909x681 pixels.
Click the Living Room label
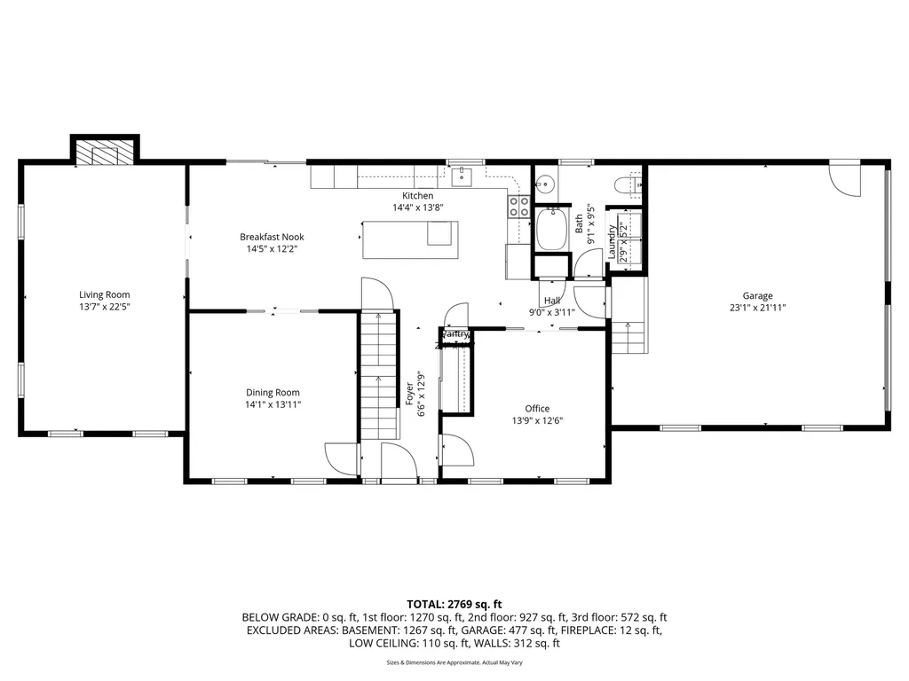coord(105,294)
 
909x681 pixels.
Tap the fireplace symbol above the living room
coord(106,152)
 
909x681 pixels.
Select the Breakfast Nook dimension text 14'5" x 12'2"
coord(272,249)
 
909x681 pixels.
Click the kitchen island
coord(411,239)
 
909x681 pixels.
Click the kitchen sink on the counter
coord(462,178)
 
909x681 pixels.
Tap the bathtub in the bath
coord(552,229)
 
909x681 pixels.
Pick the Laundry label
coord(613,241)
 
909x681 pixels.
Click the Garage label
coord(757,296)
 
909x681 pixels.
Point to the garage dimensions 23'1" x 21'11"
coord(757,308)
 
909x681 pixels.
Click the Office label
coord(537,409)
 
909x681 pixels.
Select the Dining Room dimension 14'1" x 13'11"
coord(273,404)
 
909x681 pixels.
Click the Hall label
coord(552,301)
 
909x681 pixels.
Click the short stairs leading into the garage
coord(628,337)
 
